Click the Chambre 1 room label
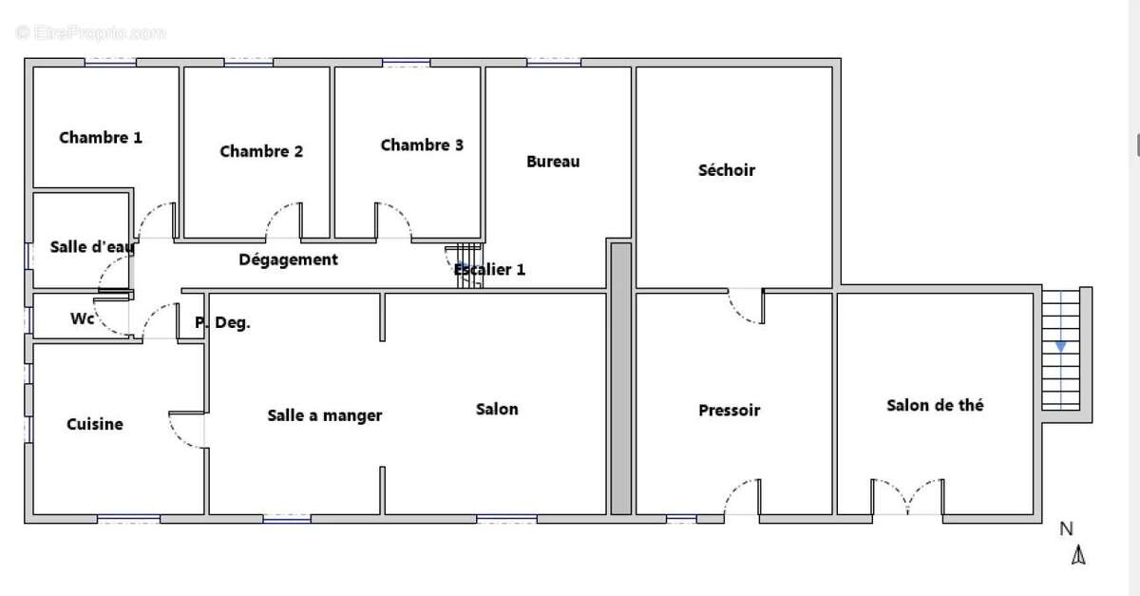point(101,138)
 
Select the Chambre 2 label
point(261,151)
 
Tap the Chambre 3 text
point(422,145)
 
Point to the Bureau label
point(553,162)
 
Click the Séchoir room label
point(726,170)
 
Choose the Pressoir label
point(729,411)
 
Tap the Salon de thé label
point(935,405)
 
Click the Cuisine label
point(94,424)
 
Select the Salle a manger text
point(325,415)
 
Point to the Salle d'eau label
point(91,248)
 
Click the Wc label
point(82,319)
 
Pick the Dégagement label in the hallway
point(288,260)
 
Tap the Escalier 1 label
point(489,270)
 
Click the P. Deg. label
point(222,323)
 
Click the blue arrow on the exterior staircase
point(1060,347)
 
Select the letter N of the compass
point(1066,529)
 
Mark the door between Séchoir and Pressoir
point(747,306)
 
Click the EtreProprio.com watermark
point(91,33)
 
